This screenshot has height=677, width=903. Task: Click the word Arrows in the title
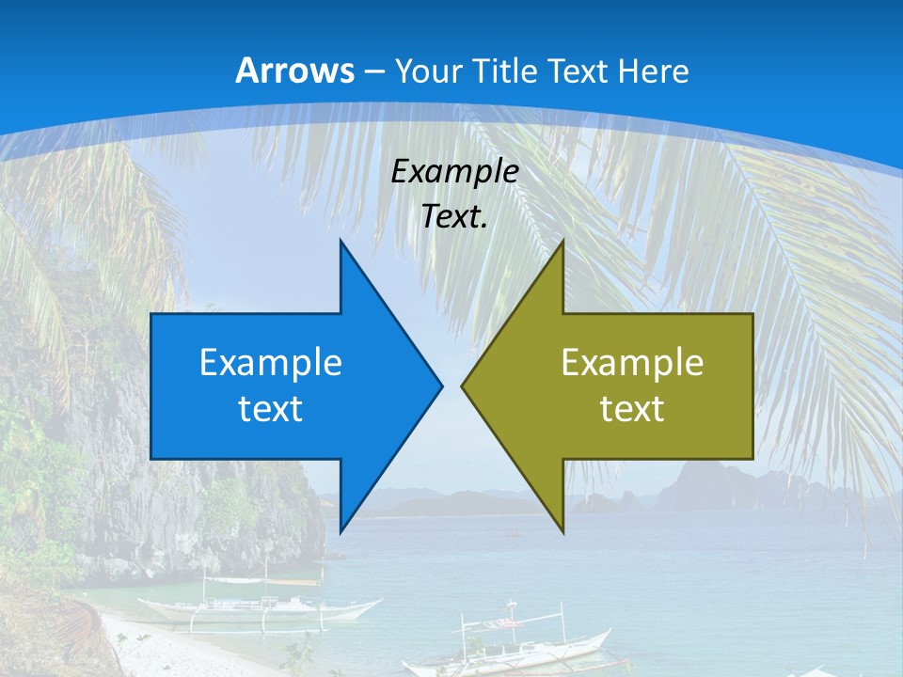coord(294,71)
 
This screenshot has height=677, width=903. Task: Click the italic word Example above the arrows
coord(454,171)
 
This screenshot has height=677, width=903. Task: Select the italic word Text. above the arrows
coord(454,216)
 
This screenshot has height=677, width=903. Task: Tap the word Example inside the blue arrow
coord(270,362)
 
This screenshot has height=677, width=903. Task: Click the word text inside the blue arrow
coord(270,408)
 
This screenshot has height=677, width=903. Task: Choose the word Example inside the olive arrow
coord(632,362)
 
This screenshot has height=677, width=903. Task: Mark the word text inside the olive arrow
coord(632,408)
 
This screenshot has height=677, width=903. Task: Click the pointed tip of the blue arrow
coord(440,386)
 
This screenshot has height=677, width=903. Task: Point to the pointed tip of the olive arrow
coord(463,386)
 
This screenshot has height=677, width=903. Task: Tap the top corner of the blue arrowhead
coord(341,242)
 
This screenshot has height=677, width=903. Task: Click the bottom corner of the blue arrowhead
coord(341,531)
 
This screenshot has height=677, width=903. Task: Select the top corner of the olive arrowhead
coord(562,242)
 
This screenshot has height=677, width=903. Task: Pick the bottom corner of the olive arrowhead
coord(562,531)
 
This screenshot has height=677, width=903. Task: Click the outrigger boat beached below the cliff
coord(259,607)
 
